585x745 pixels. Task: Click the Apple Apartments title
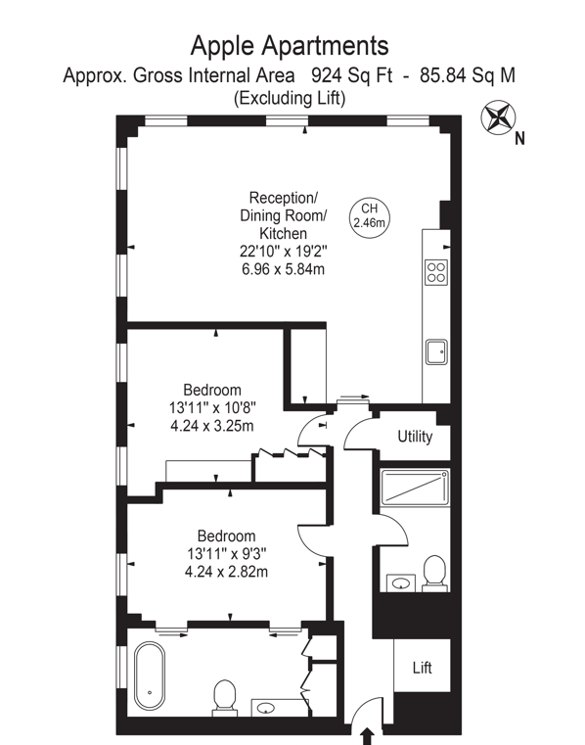[x=290, y=46]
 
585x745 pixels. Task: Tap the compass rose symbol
[x=498, y=116]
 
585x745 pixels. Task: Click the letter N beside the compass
[x=520, y=138]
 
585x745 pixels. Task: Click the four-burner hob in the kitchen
[x=436, y=272]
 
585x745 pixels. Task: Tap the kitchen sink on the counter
[x=436, y=351]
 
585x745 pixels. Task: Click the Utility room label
[x=415, y=437]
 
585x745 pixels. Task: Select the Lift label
[x=423, y=668]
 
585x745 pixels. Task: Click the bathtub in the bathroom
[x=150, y=676]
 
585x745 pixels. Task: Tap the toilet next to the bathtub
[x=225, y=697]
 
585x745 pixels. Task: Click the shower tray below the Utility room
[x=415, y=488]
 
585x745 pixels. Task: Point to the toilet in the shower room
[x=434, y=574]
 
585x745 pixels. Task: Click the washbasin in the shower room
[x=401, y=583]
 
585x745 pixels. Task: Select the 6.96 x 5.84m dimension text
[x=283, y=269]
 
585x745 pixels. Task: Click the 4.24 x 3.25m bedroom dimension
[x=211, y=426]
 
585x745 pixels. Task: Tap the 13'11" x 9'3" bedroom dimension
[x=227, y=553]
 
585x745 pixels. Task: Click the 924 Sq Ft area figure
[x=352, y=75]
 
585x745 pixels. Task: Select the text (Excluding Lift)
[x=290, y=98]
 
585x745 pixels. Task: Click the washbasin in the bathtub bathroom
[x=266, y=708]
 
